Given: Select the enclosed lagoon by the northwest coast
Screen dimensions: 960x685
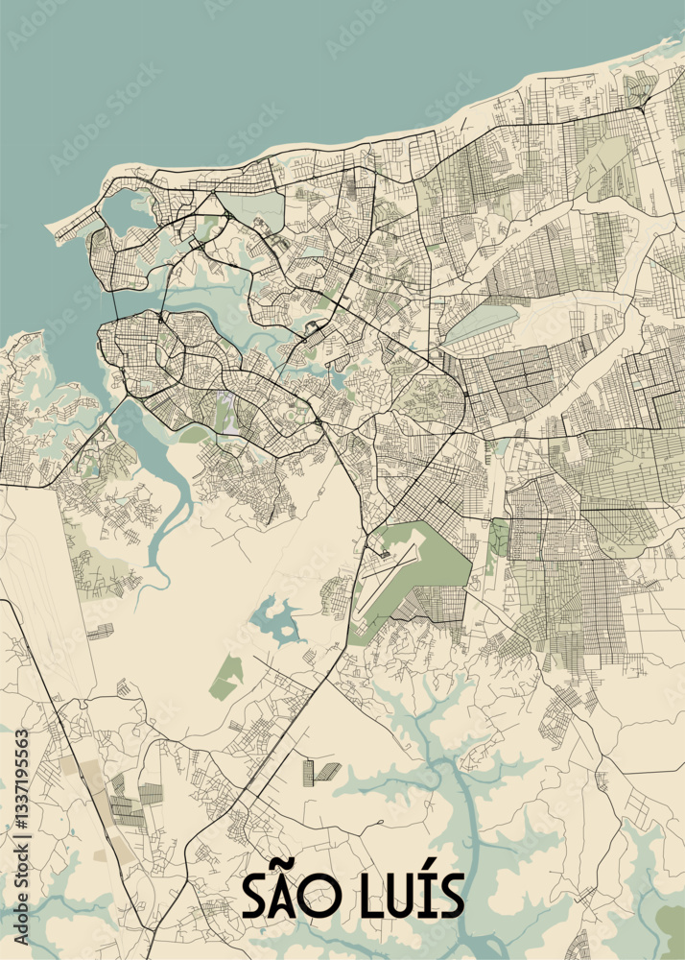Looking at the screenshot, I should click(127, 210).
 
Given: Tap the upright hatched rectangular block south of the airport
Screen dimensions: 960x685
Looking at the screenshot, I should click(308, 773).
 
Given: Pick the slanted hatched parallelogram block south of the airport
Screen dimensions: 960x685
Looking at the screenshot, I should click(327, 770).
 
